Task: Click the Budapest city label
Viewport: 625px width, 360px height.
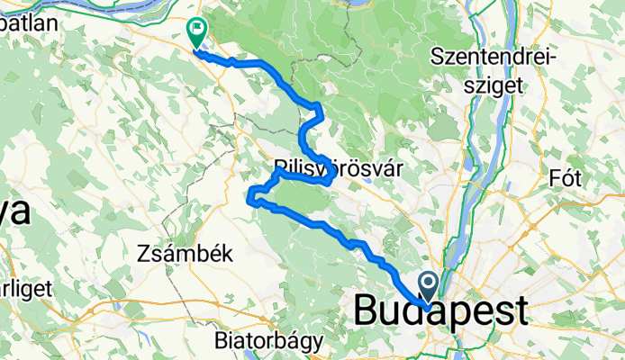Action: coord(442,312)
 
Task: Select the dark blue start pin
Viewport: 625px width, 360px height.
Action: coord(428,288)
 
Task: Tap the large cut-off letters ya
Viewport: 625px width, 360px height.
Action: coord(15,212)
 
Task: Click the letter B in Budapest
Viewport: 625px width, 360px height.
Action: coord(366,312)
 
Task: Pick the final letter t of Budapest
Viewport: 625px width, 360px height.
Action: coord(521,312)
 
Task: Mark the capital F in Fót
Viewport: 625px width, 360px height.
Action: coord(553,177)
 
